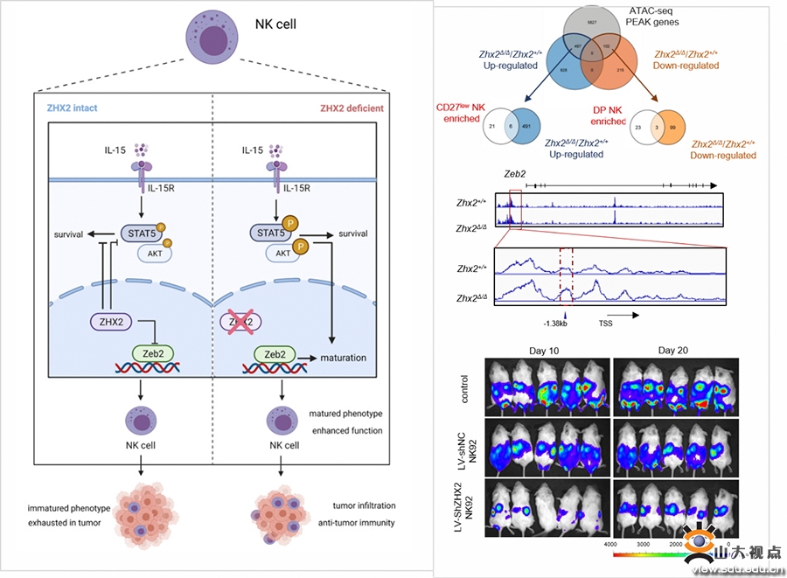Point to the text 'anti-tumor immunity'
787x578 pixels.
coord(359,523)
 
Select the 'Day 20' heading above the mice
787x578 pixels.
coord(673,351)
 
